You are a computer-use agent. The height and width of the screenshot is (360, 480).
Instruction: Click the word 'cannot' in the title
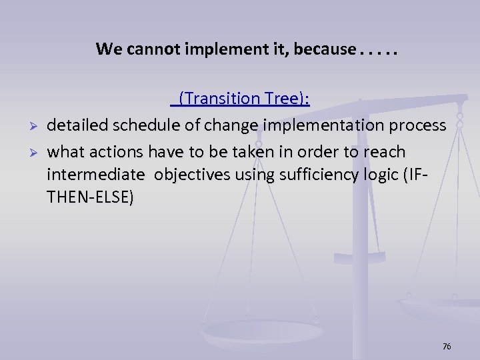coord(143,49)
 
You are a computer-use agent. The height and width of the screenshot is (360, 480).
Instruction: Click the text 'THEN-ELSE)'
coord(89,198)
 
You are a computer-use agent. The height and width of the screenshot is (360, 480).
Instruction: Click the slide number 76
coord(447,347)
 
